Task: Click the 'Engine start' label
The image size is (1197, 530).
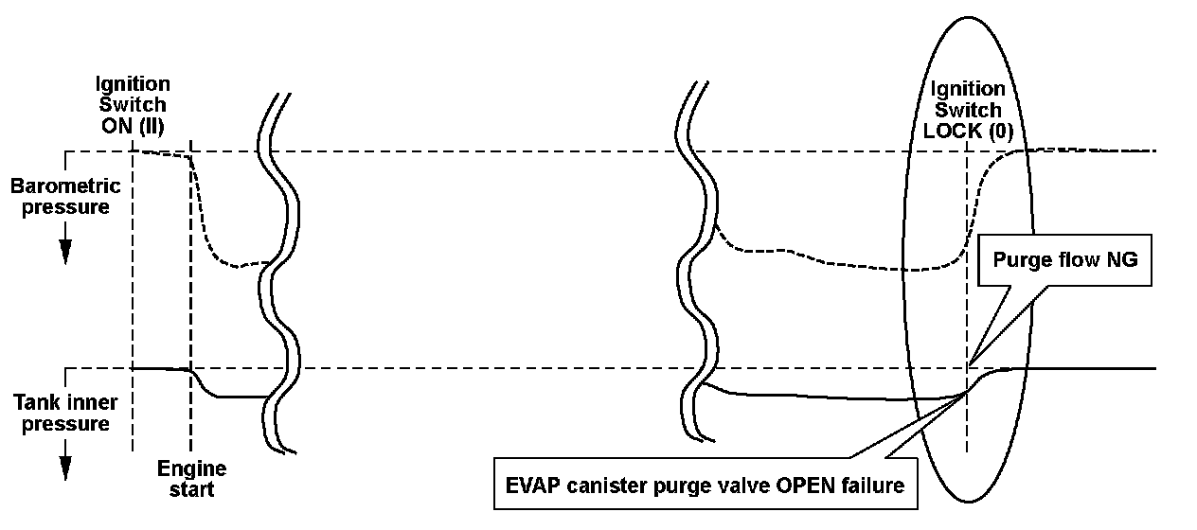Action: coord(191,479)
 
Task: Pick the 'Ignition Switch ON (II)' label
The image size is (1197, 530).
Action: coord(133,103)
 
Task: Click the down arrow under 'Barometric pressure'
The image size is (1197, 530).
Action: coord(65,250)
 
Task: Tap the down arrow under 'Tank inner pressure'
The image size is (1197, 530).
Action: coord(65,468)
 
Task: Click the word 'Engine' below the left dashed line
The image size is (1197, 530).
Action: coord(191,468)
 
